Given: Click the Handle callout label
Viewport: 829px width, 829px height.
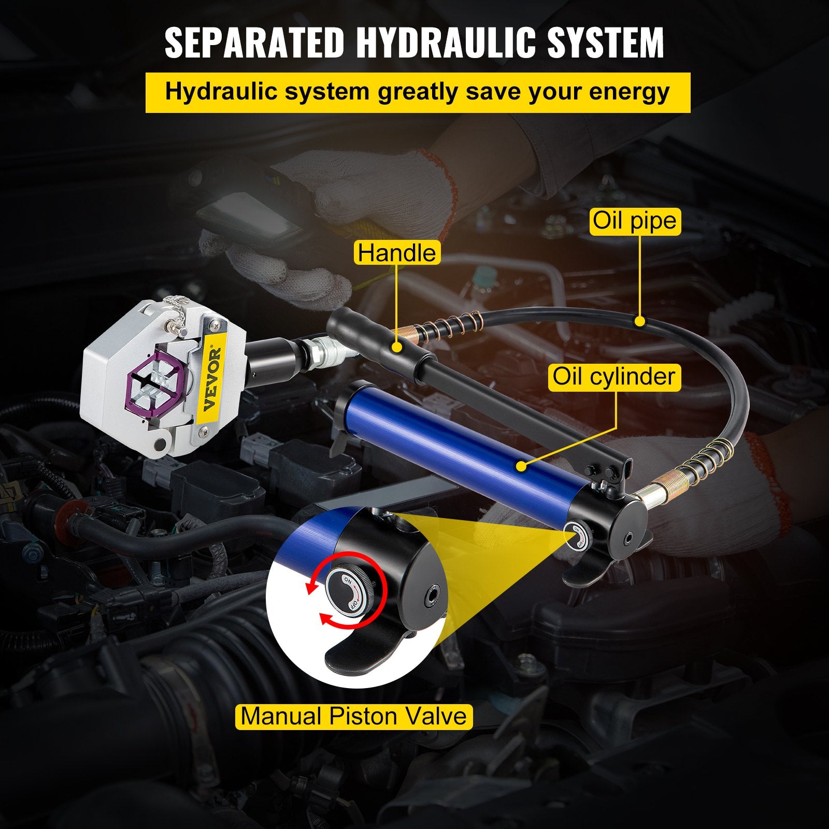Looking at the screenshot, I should (397, 253).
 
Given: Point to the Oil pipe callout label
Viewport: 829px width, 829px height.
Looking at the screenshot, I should (635, 221).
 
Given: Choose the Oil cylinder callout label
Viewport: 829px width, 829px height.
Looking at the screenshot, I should (614, 376).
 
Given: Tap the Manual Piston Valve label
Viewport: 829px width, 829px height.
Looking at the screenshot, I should (354, 716).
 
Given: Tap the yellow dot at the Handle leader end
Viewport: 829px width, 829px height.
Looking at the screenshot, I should (397, 347).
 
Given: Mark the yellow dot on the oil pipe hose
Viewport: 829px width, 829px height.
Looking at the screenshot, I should (640, 322).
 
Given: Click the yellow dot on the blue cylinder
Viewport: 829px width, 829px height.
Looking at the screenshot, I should (521, 466).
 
